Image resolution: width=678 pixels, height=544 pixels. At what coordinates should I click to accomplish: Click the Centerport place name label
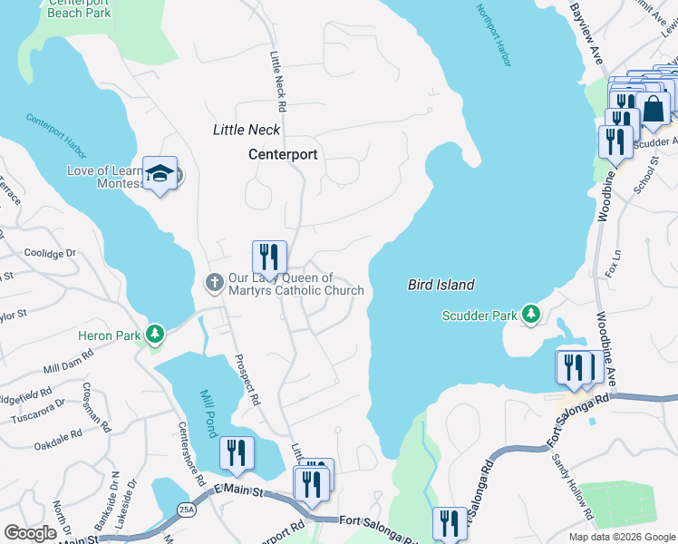[283, 154]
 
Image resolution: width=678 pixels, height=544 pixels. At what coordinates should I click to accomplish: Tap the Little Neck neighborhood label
[246, 130]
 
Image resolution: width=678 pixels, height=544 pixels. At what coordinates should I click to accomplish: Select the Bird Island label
[440, 285]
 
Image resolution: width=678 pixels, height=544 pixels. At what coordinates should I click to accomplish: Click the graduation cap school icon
[160, 173]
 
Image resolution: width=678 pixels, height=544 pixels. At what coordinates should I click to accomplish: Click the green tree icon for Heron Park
[156, 335]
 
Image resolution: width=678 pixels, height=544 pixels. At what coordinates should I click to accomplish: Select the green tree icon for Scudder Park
[531, 315]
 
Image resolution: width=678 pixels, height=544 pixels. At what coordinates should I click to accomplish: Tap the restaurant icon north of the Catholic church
[269, 257]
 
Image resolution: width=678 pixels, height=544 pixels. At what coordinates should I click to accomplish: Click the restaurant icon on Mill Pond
[237, 452]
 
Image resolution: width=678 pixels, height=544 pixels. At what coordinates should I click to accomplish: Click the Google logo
[30, 533]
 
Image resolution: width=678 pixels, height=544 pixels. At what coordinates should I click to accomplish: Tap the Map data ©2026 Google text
[621, 537]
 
